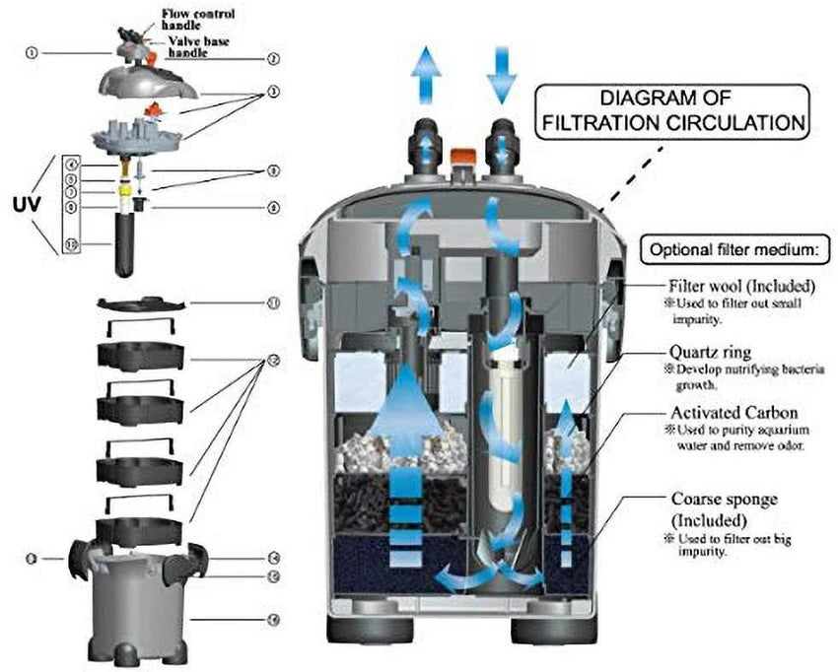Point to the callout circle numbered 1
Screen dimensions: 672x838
pyautogui.click(x=32, y=53)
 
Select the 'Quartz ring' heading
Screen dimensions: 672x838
pyautogui.click(x=710, y=351)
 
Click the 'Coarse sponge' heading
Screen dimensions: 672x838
pyautogui.click(x=724, y=500)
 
